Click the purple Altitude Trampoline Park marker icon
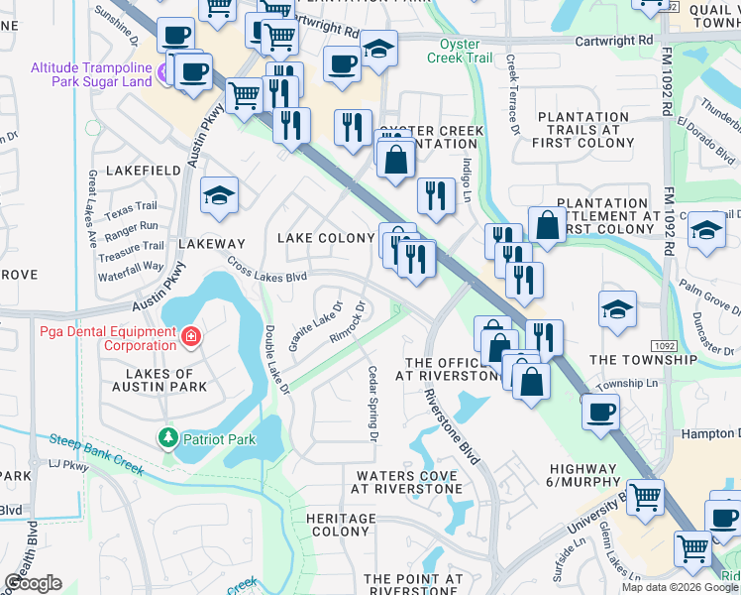[165, 68]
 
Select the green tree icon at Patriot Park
[168, 436]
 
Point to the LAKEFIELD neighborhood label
[140, 171]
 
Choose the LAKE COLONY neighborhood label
[326, 238]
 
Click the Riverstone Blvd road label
[452, 420]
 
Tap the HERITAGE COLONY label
[341, 525]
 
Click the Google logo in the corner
[33, 583]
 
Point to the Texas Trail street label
[131, 208]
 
